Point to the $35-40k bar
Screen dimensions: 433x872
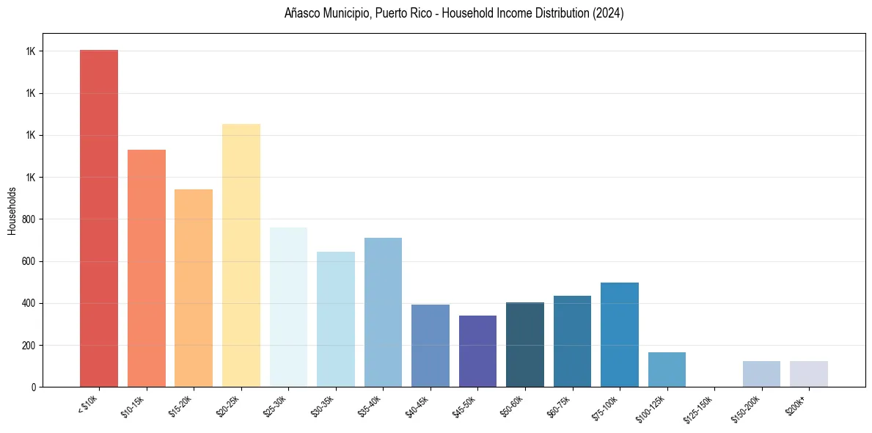(383, 312)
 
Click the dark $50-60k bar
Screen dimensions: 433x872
(525, 344)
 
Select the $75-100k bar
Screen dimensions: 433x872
(620, 335)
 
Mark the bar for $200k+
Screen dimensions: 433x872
(809, 374)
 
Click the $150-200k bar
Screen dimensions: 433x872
(761, 374)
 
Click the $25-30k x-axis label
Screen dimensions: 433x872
(275, 406)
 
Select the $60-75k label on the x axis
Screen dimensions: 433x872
(559, 406)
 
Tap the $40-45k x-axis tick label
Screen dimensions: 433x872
(417, 406)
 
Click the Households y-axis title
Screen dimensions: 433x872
(12, 211)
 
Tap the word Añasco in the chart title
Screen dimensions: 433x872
(301, 14)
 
